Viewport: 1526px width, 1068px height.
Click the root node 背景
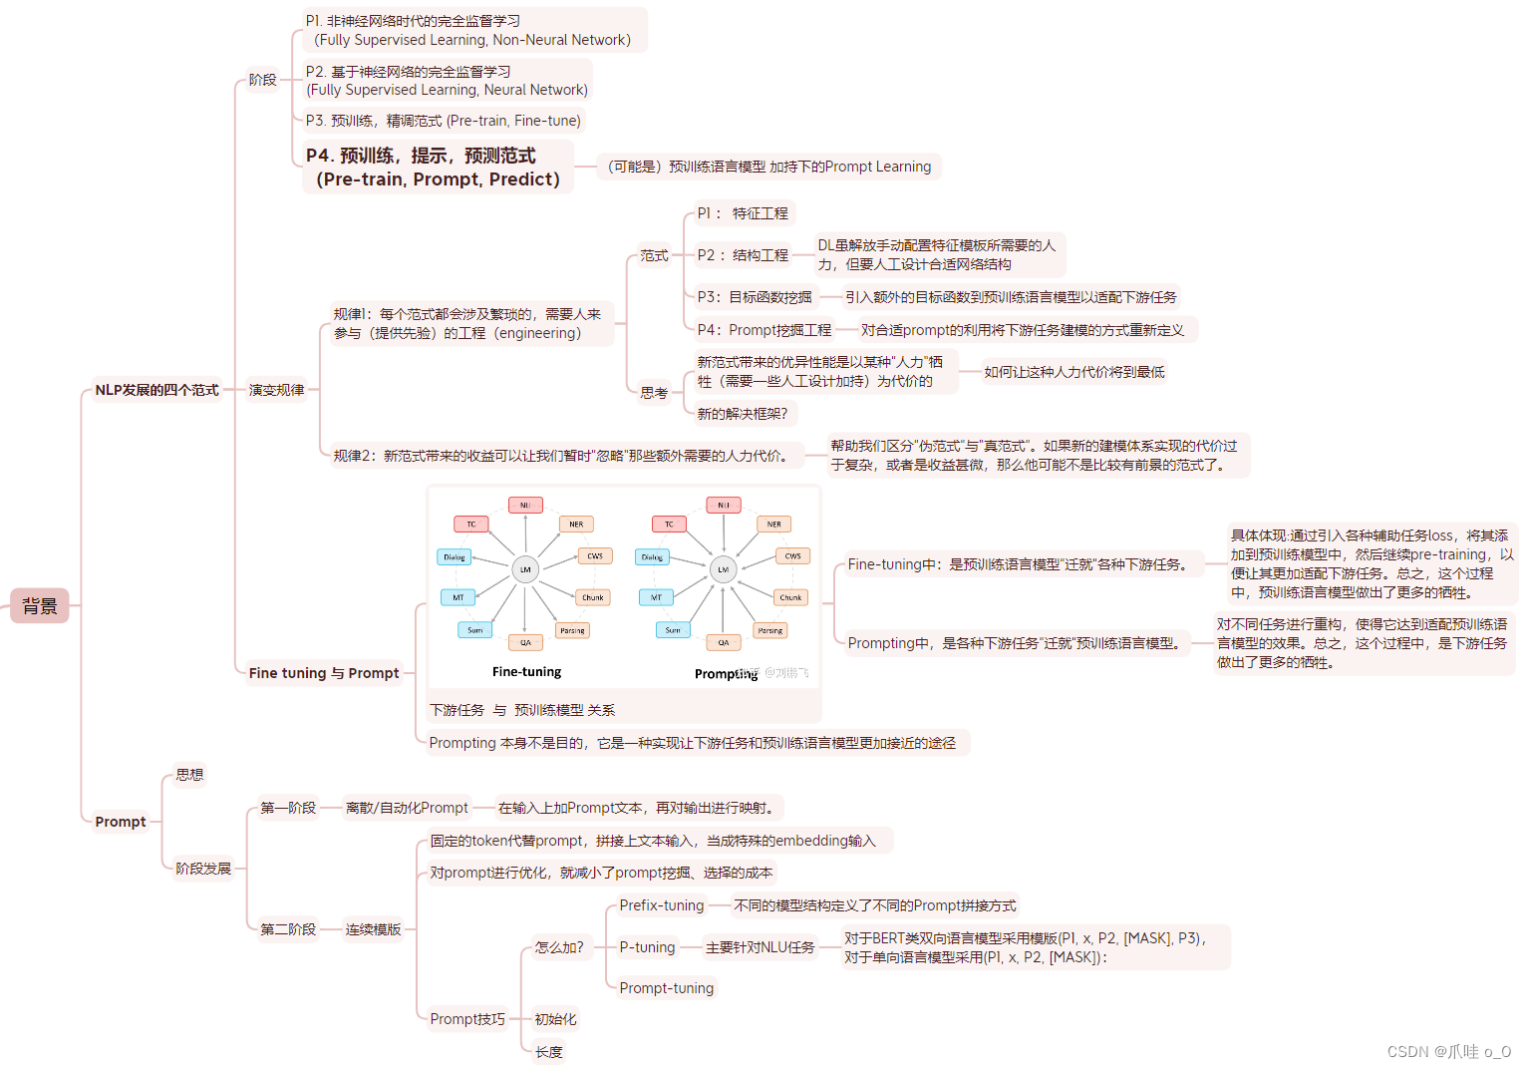40,605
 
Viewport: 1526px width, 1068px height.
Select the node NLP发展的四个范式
156,390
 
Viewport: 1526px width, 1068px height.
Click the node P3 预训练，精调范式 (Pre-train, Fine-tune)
443,121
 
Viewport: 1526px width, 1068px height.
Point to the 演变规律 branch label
276,390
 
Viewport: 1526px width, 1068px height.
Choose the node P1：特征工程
743,213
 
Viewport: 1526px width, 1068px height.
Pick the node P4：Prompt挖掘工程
763,330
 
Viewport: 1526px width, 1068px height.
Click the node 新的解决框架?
742,414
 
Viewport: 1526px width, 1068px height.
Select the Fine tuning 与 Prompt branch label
324,673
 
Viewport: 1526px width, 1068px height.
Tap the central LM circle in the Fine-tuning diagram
525,569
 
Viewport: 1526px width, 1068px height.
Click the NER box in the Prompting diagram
774,524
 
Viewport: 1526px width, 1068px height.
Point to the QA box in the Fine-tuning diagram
525,642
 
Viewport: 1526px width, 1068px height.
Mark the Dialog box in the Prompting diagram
652,557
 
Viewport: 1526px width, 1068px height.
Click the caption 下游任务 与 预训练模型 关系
522,710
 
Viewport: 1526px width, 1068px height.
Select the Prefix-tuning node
662,905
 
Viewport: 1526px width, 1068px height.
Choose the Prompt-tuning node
667,988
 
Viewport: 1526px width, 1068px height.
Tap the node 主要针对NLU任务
760,947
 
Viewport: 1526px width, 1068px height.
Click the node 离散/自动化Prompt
407,808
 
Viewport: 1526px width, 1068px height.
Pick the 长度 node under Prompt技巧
549,1052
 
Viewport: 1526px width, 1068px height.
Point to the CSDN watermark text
1448,1052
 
